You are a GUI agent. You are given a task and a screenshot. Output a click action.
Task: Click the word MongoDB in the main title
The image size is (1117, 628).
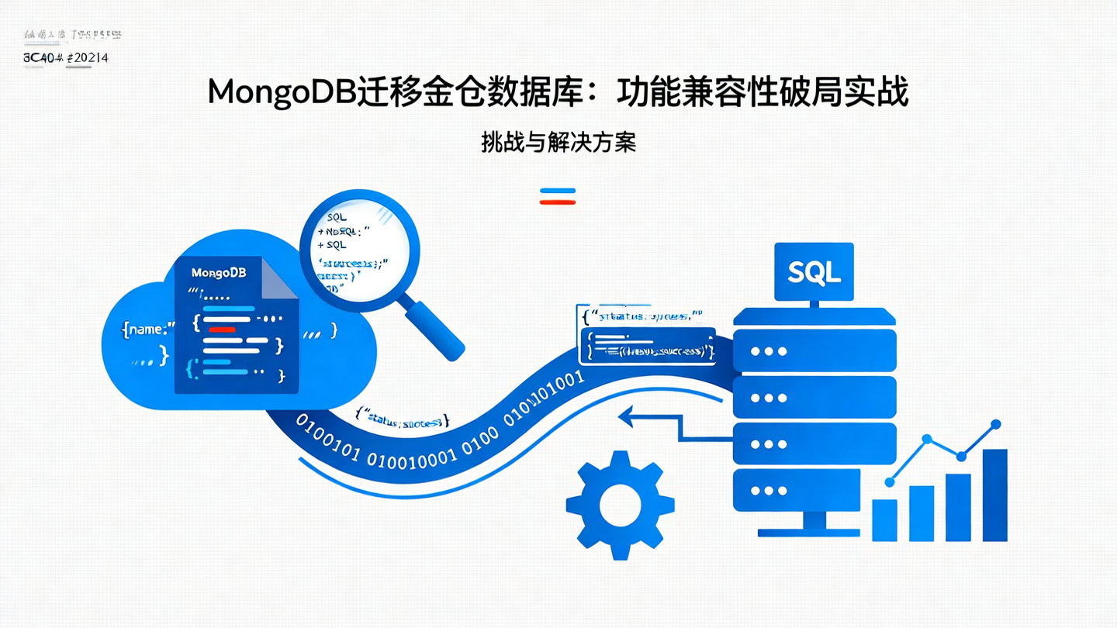tap(281, 92)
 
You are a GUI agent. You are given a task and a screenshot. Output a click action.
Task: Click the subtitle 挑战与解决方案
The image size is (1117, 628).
tap(558, 142)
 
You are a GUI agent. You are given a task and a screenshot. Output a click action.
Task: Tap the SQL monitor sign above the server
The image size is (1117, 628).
tap(814, 271)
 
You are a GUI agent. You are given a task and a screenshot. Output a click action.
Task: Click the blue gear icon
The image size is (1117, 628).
tap(620, 505)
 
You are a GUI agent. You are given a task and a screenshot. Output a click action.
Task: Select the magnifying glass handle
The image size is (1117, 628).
tap(434, 330)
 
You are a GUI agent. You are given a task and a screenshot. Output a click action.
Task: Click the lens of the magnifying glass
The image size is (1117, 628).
tap(359, 250)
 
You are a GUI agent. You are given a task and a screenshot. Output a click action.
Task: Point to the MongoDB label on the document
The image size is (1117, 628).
tap(218, 273)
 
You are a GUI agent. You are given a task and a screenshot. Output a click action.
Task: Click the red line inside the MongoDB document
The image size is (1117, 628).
tap(222, 329)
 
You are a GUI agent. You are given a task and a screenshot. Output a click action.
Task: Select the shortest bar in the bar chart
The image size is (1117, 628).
tap(884, 519)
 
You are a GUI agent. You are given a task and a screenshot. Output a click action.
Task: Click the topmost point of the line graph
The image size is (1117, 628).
tap(996, 424)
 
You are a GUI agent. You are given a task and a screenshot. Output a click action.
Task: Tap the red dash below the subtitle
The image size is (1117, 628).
tap(558, 202)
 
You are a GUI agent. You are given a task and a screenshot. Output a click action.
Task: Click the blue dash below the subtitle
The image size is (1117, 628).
tap(558, 190)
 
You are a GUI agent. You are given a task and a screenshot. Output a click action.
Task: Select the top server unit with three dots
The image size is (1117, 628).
tap(814, 350)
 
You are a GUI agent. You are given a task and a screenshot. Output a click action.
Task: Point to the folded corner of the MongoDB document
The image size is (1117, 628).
tap(281, 279)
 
